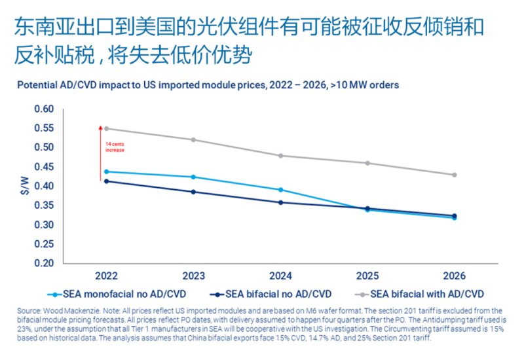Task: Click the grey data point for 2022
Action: tap(106, 128)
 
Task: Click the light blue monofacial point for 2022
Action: tap(106, 171)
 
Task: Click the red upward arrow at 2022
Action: tap(100, 151)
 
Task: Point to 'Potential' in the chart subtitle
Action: tap(37, 85)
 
